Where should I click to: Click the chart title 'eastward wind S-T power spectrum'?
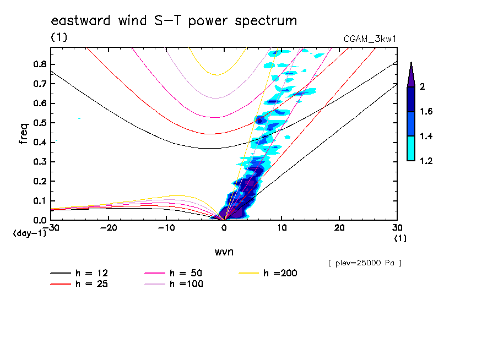[x=174, y=21]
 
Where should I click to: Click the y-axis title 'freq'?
[x=23, y=133]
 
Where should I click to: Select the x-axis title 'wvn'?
[x=224, y=252]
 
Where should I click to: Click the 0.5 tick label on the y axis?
[x=39, y=123]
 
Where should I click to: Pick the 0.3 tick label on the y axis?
[x=39, y=162]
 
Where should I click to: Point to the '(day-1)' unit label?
[x=29, y=233]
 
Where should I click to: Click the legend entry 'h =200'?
[x=280, y=273]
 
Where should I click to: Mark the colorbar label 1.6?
[x=427, y=111]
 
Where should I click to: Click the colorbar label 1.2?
[x=427, y=161]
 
